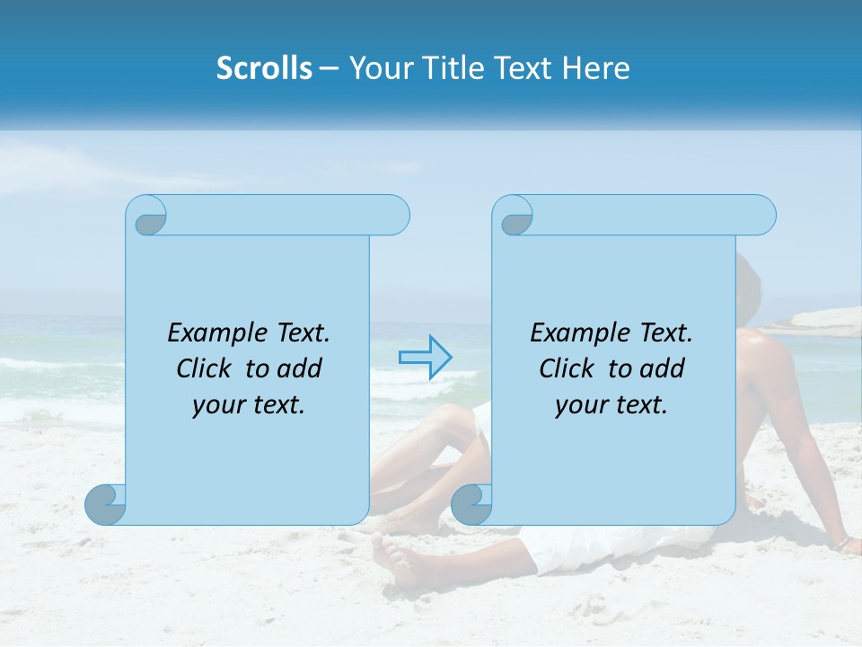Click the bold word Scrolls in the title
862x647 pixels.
click(x=264, y=68)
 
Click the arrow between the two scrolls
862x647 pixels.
click(x=425, y=357)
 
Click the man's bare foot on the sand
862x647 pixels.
click(x=400, y=562)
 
